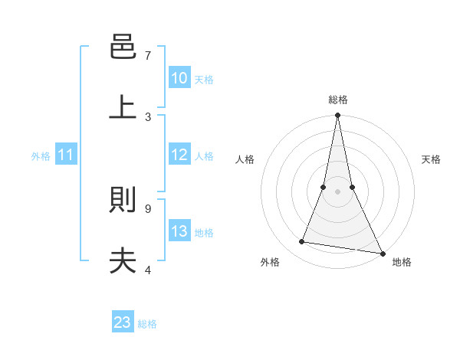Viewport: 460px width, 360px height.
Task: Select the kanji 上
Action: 123,106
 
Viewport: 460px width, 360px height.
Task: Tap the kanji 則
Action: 123,201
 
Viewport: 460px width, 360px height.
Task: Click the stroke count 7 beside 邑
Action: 148,56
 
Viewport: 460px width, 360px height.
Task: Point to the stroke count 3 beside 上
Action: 148,116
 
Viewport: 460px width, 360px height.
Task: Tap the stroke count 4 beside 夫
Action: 148,270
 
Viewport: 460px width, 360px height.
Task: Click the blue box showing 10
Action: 179,78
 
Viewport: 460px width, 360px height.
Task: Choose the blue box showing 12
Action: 179,155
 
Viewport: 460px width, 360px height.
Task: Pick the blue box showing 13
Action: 179,231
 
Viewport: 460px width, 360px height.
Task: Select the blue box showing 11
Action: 66,155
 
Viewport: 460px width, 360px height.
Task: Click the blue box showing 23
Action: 123,322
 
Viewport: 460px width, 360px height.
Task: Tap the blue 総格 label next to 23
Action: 147,324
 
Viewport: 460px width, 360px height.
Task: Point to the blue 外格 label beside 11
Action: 41,156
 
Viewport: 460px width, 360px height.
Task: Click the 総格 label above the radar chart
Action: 337,100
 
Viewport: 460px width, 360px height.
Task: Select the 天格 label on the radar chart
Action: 431,159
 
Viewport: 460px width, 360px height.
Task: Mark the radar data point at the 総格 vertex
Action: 337,116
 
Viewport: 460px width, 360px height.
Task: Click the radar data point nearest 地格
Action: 382,253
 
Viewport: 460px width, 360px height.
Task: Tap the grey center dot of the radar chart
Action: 337,191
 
